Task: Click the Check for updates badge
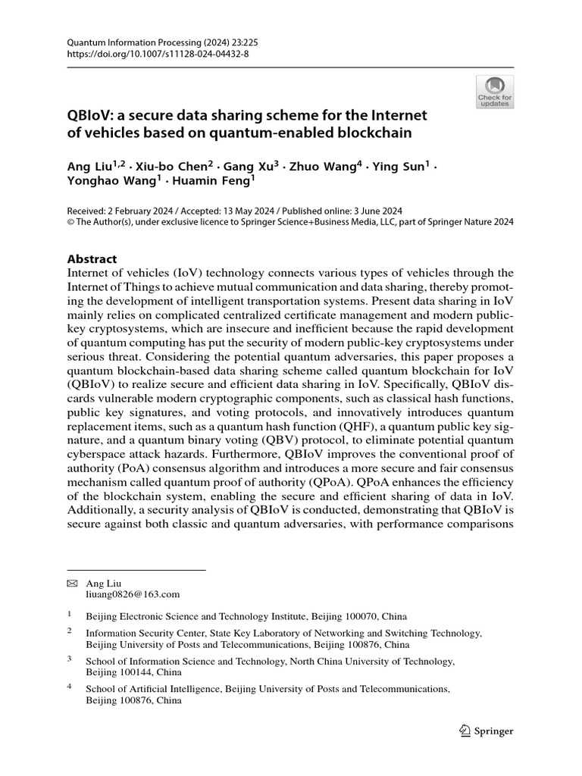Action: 495,92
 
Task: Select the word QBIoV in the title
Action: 90,116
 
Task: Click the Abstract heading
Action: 92,258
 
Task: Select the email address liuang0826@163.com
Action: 133,595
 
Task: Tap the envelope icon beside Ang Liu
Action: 72,584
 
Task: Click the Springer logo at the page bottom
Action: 487,731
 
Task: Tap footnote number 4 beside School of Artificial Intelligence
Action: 69,687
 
